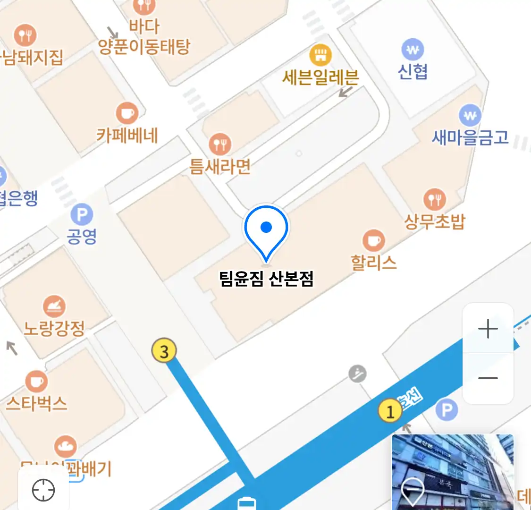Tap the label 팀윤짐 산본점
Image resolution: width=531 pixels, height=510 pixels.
pyautogui.click(x=266, y=279)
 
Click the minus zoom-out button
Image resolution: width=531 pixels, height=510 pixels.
pyautogui.click(x=488, y=378)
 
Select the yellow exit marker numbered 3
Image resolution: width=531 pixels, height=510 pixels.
pyautogui.click(x=164, y=351)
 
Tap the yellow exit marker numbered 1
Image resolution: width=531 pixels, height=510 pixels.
pyautogui.click(x=390, y=412)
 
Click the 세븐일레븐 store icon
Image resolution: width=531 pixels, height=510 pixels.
pyautogui.click(x=320, y=55)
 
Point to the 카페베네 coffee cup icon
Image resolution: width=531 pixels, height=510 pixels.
pyautogui.click(x=127, y=113)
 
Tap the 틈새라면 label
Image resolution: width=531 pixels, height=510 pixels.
pyautogui.click(x=220, y=166)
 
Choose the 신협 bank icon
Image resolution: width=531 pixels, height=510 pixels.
pyautogui.click(x=413, y=49)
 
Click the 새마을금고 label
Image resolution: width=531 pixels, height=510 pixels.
pyautogui.click(x=470, y=137)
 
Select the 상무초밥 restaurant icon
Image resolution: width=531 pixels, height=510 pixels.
pyautogui.click(x=434, y=199)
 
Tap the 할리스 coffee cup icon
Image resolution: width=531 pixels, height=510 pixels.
pyautogui.click(x=374, y=241)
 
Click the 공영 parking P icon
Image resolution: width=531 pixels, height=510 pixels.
pyautogui.click(x=82, y=215)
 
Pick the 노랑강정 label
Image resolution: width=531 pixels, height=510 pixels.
pyautogui.click(x=54, y=328)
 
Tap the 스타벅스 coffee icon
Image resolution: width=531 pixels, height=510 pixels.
pyautogui.click(x=36, y=381)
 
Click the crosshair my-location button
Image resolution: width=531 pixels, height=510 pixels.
pyautogui.click(x=43, y=490)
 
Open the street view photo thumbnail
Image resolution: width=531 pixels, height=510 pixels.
pyautogui.click(x=453, y=472)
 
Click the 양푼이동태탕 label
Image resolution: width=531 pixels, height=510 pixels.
pyautogui.click(x=144, y=46)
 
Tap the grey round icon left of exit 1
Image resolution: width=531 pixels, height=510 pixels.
pyautogui.click(x=358, y=374)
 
